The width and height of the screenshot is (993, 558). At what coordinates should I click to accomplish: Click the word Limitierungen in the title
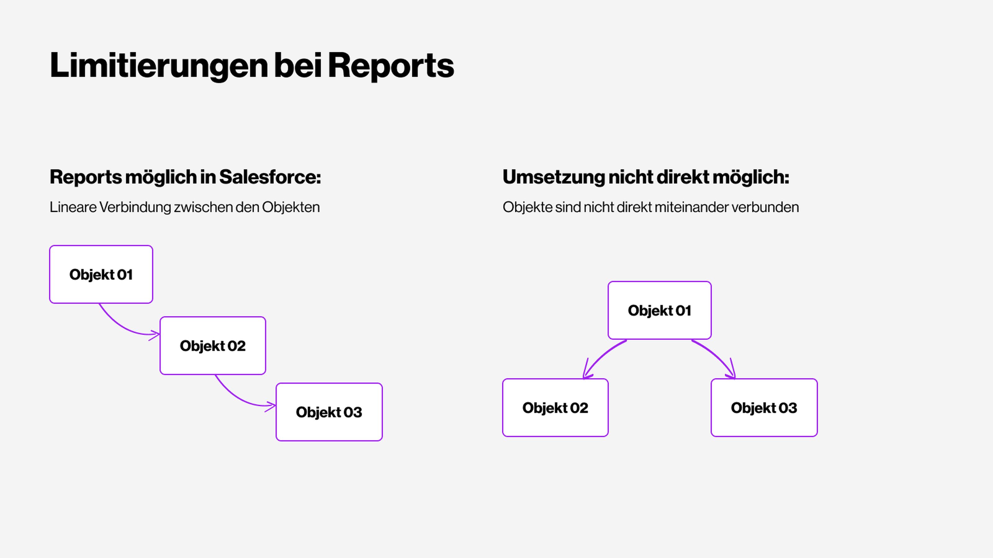point(159,65)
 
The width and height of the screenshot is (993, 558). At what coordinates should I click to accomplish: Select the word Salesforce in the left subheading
point(270,177)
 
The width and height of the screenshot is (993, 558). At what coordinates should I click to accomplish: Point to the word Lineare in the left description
point(73,207)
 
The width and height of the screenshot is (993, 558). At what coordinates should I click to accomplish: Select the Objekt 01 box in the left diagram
point(101,274)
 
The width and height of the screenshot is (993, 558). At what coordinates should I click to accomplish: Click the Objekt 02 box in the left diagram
point(213,345)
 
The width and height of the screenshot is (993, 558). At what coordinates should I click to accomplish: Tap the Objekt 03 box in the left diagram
point(329,412)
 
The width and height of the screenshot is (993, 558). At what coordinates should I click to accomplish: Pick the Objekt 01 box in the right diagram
point(659,310)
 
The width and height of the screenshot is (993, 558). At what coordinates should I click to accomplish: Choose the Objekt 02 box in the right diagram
point(555,407)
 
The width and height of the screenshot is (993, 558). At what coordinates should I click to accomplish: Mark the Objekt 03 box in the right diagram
point(764,407)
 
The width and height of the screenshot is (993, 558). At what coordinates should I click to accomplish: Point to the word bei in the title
point(298,65)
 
